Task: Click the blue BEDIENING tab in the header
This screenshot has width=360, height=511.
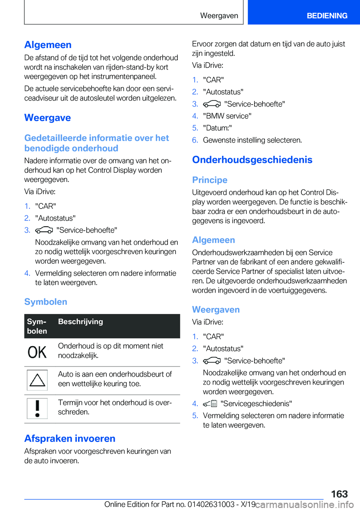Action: point(327,16)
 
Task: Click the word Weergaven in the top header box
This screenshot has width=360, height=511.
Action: point(219,16)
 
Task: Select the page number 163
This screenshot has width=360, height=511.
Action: point(339,494)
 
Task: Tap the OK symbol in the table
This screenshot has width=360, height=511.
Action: point(37,352)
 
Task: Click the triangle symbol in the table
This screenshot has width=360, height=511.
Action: point(37,380)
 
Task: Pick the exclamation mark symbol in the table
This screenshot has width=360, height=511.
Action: point(37,408)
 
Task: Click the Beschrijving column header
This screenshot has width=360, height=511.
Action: point(80,322)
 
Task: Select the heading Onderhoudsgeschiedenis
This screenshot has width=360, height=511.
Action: point(252,160)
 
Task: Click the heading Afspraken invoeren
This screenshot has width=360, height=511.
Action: point(70,439)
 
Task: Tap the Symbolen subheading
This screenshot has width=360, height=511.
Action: point(46,302)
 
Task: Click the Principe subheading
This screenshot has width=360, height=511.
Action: point(210,180)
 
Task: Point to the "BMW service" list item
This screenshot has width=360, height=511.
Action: point(227,116)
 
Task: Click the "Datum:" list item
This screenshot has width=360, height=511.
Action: point(217,128)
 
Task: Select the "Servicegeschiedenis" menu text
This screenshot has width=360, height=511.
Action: point(256,404)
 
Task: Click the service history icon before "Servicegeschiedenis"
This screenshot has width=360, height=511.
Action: point(210,404)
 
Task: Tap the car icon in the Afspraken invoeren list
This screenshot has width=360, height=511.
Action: point(211,104)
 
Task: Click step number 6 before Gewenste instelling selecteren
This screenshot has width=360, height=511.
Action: point(195,140)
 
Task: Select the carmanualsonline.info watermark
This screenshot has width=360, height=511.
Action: point(304,505)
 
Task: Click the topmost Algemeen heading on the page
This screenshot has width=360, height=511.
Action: point(48,45)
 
